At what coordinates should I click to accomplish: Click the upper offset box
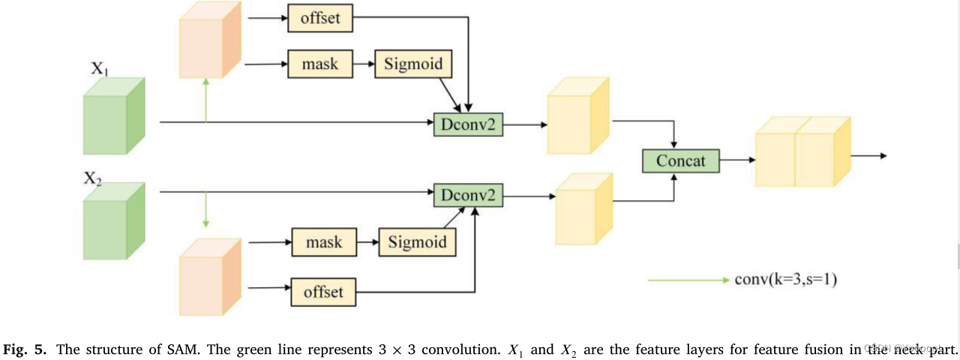coord(320,19)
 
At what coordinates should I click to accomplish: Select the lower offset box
coord(323,291)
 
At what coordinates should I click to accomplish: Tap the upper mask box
coord(320,64)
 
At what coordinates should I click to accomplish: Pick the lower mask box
coord(323,242)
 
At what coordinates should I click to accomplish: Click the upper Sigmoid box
coord(414,64)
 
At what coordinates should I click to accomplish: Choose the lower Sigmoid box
coord(417,242)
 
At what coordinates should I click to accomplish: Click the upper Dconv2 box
coord(468,124)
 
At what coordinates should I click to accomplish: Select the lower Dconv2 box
coord(468,196)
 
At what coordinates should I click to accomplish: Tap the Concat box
coord(681,160)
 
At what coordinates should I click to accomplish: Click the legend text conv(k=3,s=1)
coord(785,280)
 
